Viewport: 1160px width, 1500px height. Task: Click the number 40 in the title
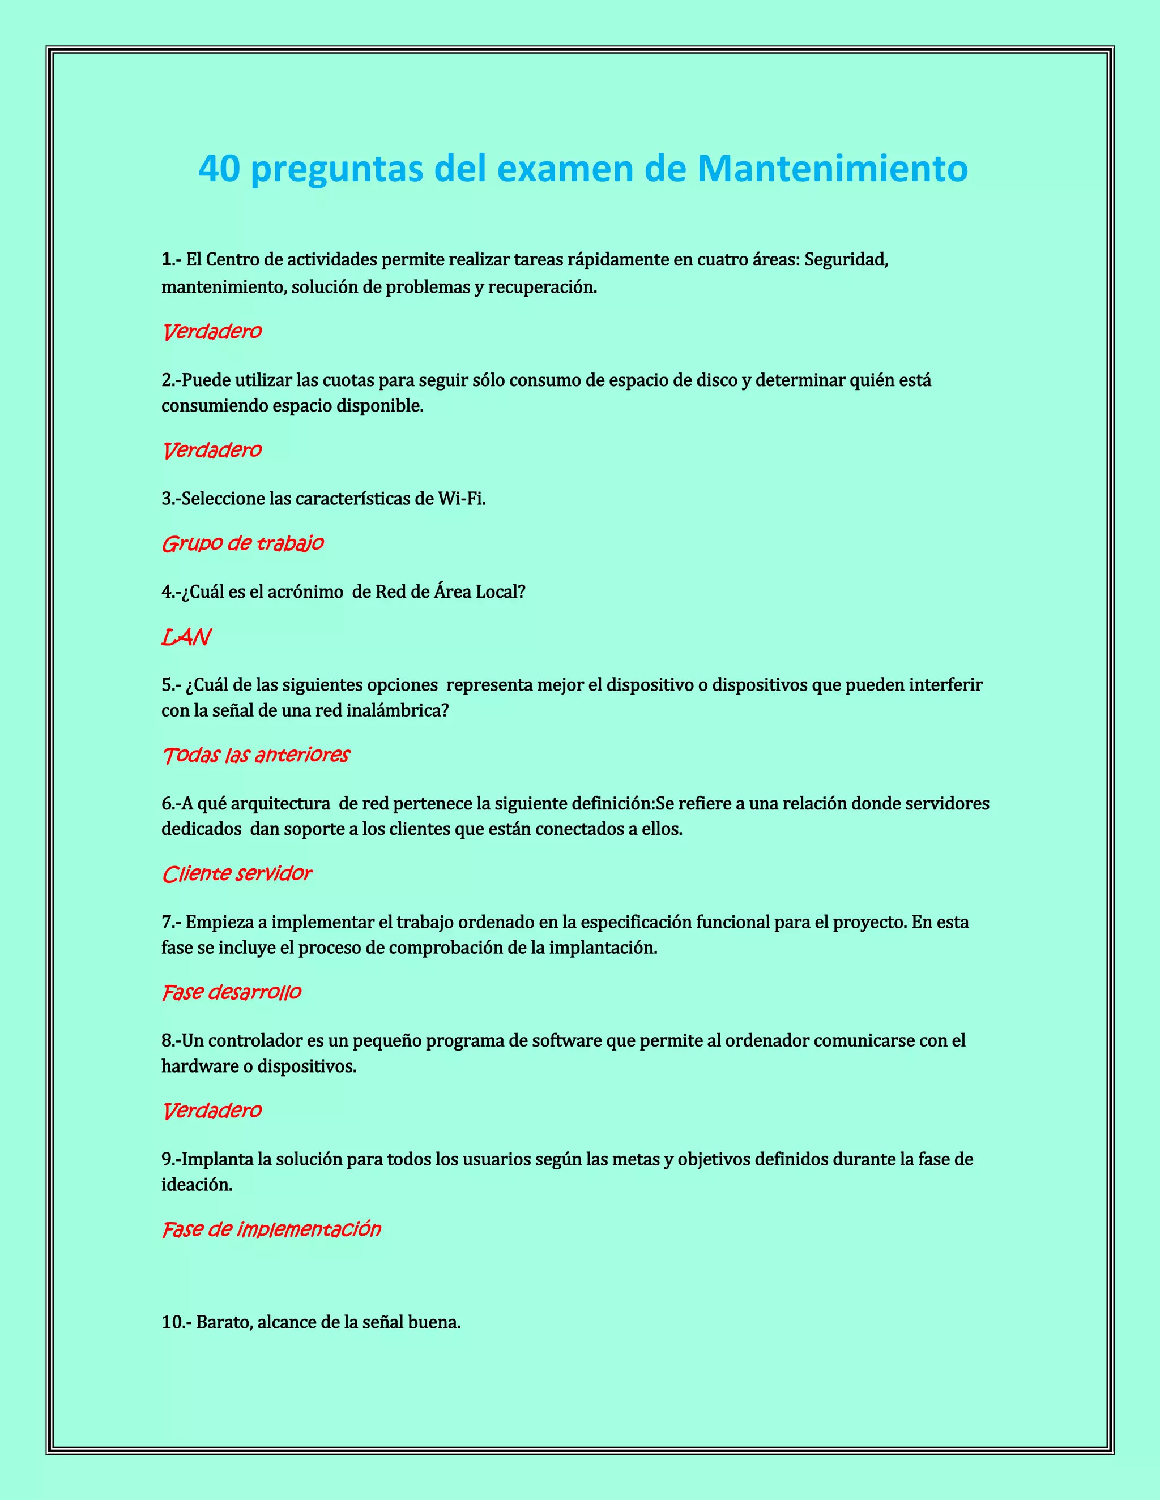[x=219, y=168]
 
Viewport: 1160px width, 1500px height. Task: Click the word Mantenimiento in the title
[x=832, y=168]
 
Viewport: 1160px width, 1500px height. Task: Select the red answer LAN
[x=186, y=637]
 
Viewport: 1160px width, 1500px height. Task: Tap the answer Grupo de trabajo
[x=242, y=543]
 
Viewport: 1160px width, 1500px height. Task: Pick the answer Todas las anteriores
[x=255, y=755]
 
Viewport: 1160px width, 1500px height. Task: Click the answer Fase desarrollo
[x=232, y=992]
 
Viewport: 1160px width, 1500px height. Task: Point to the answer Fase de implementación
[x=271, y=1229]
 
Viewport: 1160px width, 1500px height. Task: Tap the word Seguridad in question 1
[x=846, y=260]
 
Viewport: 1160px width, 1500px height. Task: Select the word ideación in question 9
[x=197, y=1185]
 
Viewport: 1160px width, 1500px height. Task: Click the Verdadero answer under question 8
[x=212, y=1111]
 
